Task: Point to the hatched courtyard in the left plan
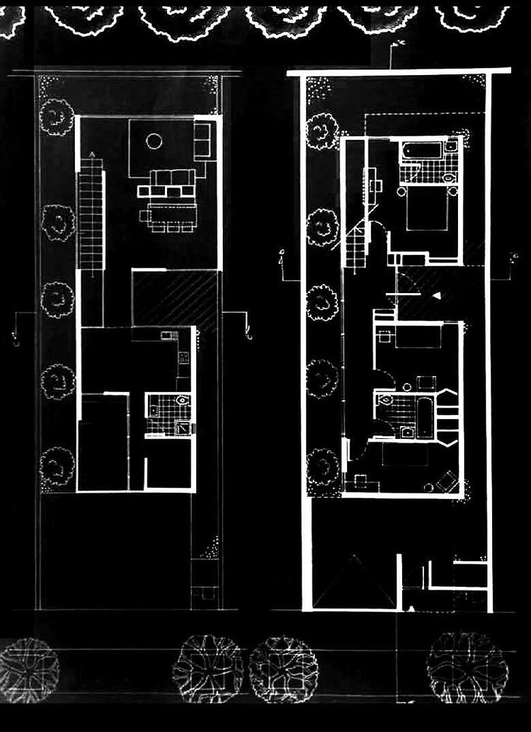click(174, 298)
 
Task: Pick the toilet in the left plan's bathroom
click(181, 401)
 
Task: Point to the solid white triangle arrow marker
click(437, 294)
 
